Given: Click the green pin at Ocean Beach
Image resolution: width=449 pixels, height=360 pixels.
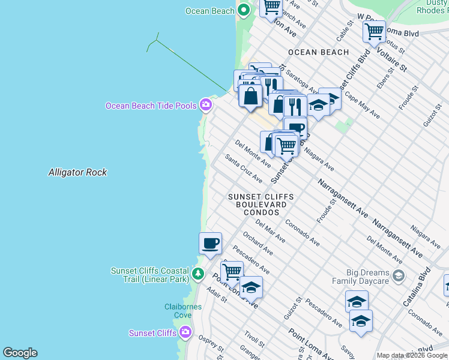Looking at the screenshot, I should point(244,10).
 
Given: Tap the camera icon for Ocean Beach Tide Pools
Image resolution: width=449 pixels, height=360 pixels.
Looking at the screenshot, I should point(206,105).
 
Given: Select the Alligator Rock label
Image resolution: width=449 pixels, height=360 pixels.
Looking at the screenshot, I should point(77,172).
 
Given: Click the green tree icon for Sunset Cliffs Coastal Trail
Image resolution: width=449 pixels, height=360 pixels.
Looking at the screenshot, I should point(199,275).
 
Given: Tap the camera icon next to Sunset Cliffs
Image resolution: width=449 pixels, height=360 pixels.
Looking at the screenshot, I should point(185,332).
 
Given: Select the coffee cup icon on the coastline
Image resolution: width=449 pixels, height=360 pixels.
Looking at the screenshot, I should point(210,244).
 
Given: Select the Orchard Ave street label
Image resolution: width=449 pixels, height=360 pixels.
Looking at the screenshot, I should point(258,243).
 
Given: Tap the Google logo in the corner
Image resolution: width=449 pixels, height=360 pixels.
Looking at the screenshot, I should point(20,353).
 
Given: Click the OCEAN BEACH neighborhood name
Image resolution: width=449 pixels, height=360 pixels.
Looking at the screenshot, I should point(318,52).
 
